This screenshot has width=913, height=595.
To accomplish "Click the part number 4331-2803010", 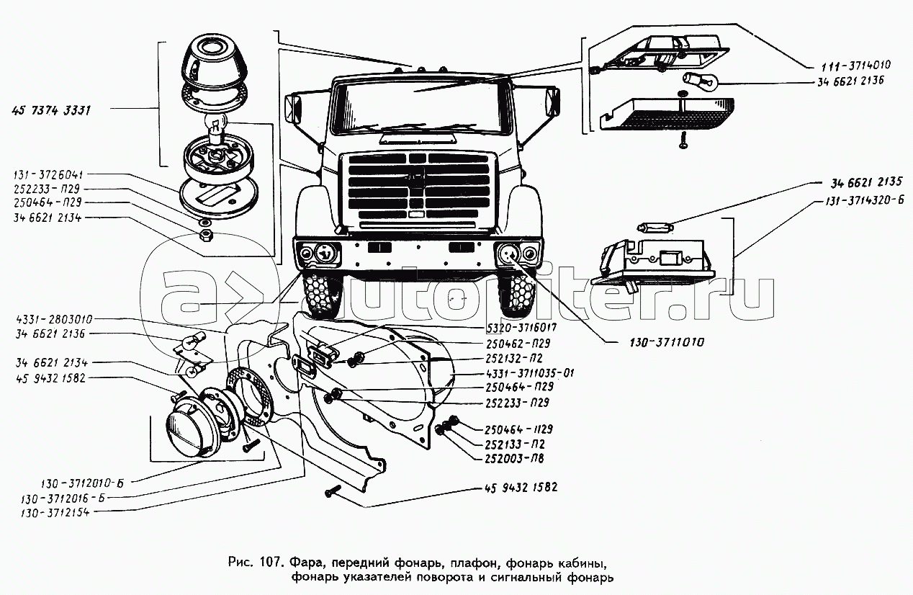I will point(57,318).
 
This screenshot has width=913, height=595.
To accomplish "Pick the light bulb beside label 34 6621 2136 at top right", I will point(697,81).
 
